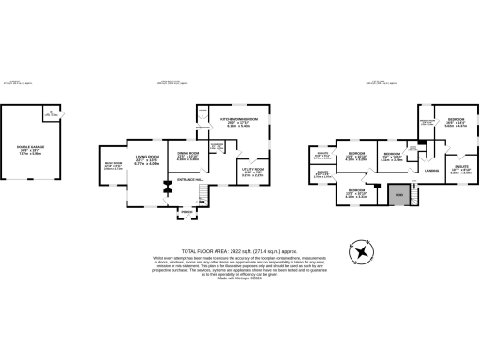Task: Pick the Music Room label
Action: coord(113,164)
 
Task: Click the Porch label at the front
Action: coord(187,213)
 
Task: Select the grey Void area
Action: coord(397,195)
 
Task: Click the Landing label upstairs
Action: coord(432,170)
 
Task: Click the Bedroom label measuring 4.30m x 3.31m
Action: coord(357,194)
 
